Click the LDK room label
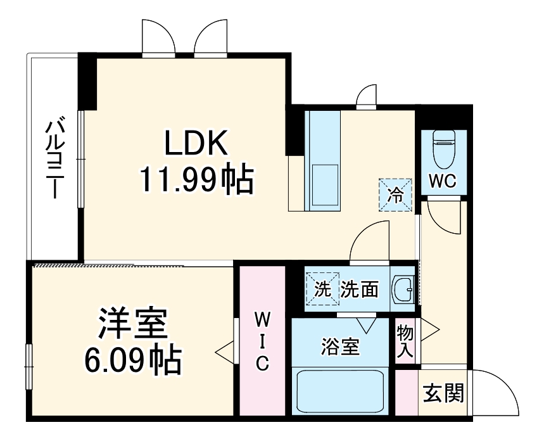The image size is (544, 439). [x=196, y=144]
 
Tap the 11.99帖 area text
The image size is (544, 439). [x=196, y=181]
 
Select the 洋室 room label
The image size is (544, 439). [x=132, y=325]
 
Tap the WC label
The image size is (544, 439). [x=443, y=181]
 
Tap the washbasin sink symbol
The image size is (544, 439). [x=402, y=291]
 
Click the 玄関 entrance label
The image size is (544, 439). [x=443, y=393]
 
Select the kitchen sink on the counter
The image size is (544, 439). [x=324, y=184]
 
